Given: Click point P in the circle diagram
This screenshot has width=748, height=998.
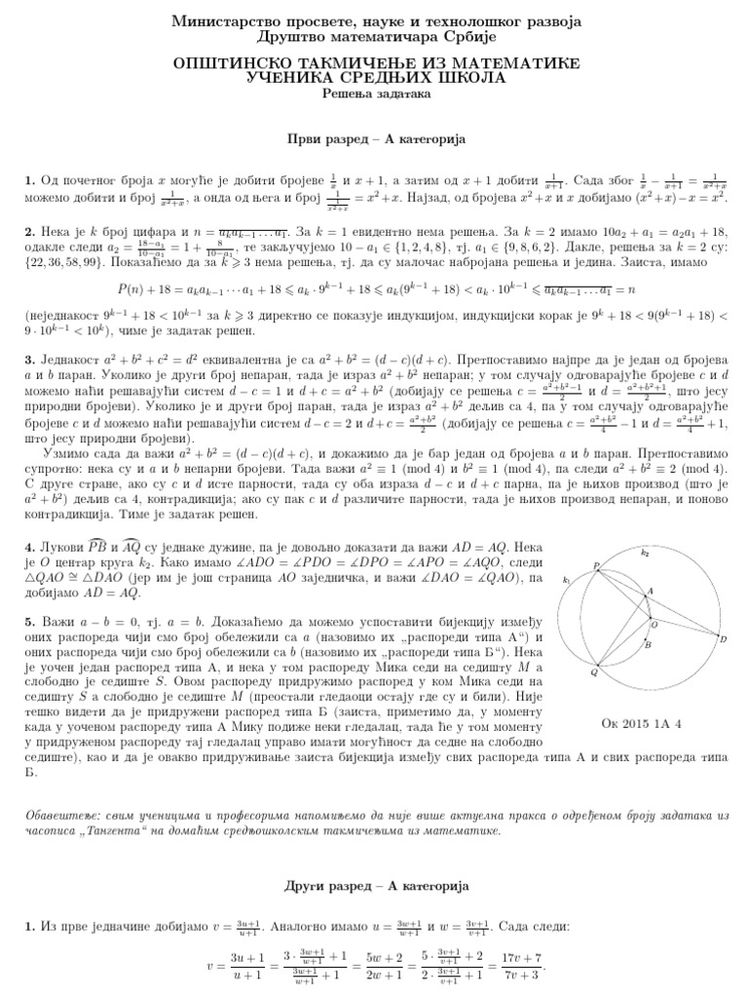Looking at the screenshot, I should [x=596, y=567].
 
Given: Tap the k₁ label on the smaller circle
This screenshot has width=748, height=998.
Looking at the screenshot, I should [x=567, y=580].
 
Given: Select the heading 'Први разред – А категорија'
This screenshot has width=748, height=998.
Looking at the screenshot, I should [x=374, y=139].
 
